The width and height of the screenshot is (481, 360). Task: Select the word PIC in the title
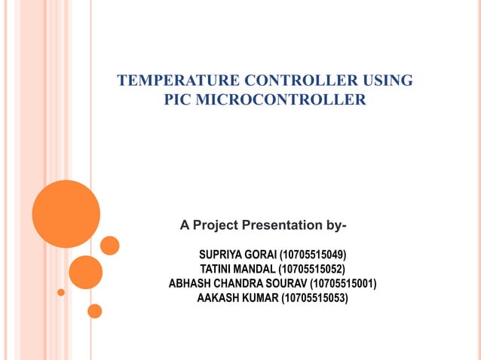pyautogui.click(x=179, y=100)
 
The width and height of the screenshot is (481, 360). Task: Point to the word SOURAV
pyautogui.click(x=286, y=283)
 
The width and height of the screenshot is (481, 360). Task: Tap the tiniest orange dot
pyautogui.click(x=61, y=291)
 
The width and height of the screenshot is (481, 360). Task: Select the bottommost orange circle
pyautogui.click(x=94, y=310)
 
